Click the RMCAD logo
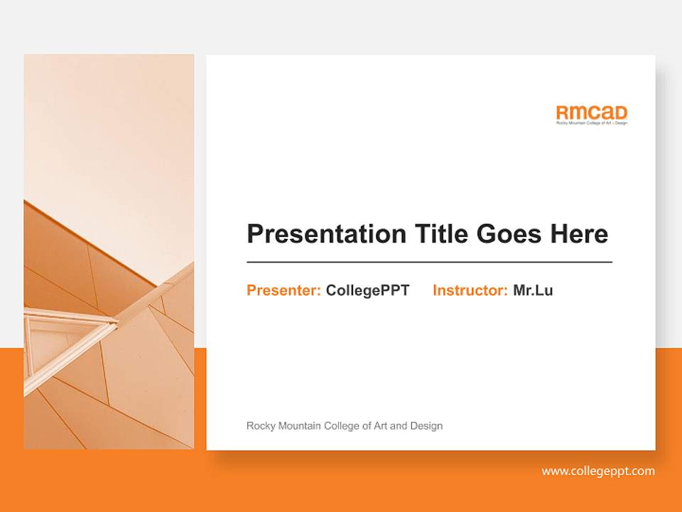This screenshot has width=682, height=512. [592, 113]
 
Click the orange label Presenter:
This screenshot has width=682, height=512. [283, 290]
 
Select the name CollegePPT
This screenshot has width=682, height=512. [367, 290]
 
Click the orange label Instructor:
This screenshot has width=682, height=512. [470, 290]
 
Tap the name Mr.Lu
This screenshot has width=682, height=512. [533, 290]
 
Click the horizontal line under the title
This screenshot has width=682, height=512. [429, 262]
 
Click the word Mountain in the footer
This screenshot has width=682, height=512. [298, 426]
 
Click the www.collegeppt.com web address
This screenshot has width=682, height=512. [598, 471]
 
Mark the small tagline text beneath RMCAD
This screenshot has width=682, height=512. [592, 123]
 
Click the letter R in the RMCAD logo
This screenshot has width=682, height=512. [563, 112]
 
